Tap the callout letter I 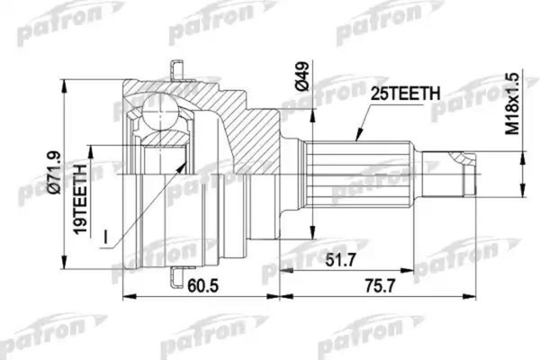104,238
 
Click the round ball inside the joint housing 162,116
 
